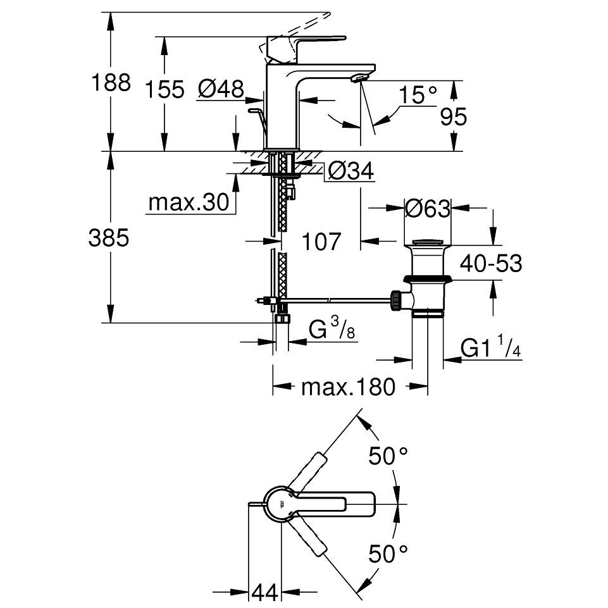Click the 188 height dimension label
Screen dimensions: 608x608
click(111, 83)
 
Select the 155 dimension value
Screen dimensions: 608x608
click(164, 89)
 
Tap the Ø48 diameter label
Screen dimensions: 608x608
click(221, 89)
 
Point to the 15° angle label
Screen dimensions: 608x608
click(418, 95)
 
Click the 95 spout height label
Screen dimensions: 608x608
click(453, 116)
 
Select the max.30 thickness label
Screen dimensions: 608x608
click(189, 202)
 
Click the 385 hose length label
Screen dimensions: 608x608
click(109, 238)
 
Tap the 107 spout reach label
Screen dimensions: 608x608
click(321, 242)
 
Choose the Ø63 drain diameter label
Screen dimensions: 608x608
click(428, 209)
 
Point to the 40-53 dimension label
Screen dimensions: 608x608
click(491, 263)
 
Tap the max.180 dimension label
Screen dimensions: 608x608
click(348, 387)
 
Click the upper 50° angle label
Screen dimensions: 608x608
click(388, 456)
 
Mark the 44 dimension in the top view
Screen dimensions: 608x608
click(265, 592)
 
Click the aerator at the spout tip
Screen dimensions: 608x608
click(359, 78)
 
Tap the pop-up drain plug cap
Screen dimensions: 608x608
click(428, 243)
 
